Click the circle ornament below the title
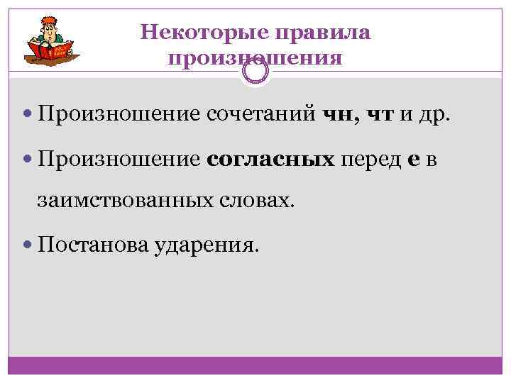pos(255,70)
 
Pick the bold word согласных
pos(271,160)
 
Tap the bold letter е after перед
pos(414,161)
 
